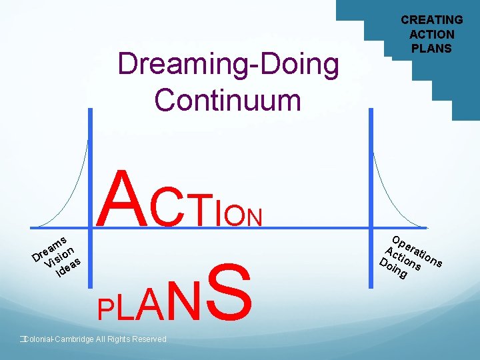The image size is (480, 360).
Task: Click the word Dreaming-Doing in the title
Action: pos(227,65)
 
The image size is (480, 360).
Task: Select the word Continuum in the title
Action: pos(227,100)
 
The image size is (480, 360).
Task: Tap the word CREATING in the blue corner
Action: pos(431,20)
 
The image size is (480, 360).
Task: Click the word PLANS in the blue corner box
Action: pos(431,48)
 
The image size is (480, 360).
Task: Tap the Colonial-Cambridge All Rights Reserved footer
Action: pos(93,339)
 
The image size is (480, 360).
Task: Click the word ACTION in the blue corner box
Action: pos(431,34)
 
